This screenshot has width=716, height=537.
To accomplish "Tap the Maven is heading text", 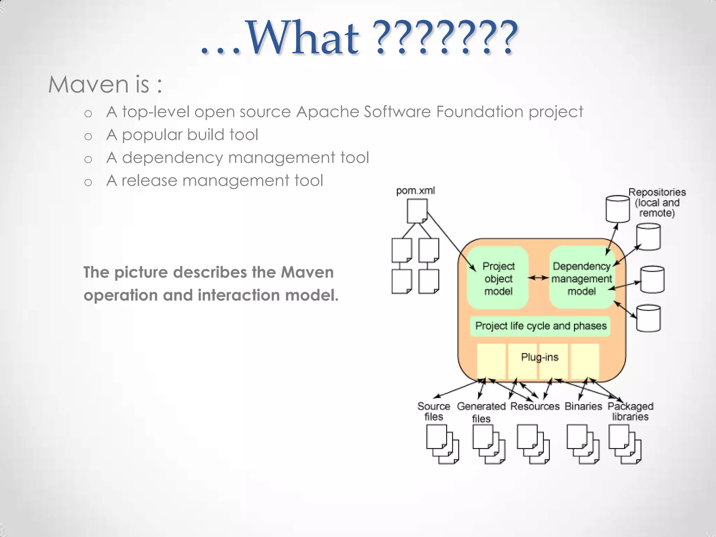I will (x=105, y=85).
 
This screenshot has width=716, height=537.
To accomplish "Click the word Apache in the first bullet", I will (x=327, y=112).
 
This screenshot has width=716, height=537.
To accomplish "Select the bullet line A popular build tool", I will (x=182, y=135).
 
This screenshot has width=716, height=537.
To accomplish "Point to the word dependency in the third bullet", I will (x=172, y=158).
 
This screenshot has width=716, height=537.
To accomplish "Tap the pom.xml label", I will (x=415, y=191).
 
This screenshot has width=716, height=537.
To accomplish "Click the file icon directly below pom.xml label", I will (x=417, y=211).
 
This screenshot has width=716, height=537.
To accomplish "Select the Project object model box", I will (x=498, y=278).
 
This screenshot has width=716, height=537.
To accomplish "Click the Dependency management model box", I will (x=581, y=278).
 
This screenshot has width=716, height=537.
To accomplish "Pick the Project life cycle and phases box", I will (x=540, y=326).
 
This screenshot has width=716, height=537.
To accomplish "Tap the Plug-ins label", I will (x=539, y=357).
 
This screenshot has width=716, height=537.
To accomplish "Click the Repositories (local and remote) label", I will (x=657, y=202).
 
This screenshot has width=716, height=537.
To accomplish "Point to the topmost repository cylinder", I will (x=617, y=209).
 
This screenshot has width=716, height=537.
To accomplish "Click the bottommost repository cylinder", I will (x=648, y=318).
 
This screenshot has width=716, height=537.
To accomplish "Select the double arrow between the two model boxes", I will (x=538, y=278).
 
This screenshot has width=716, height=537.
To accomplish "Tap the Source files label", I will (x=434, y=411).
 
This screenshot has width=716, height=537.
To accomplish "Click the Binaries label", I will (x=583, y=406).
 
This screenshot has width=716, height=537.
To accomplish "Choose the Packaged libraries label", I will (x=630, y=411).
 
